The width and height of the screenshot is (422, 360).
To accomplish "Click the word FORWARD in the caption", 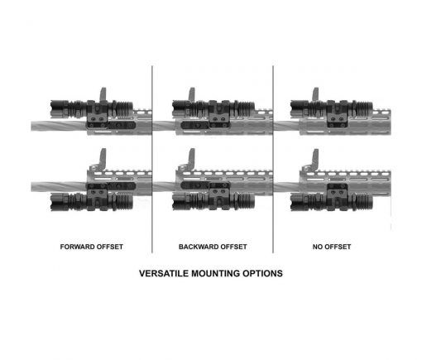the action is [x=76, y=247].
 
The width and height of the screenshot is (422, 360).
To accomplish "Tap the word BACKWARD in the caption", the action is [x=197, y=247].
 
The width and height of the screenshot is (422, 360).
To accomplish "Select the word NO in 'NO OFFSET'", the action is [x=317, y=247].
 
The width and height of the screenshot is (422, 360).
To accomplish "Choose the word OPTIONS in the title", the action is [x=262, y=273].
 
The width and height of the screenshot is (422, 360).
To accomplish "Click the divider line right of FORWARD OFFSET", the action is [x=152, y=159].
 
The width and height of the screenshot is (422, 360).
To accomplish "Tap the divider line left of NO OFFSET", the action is [x=273, y=159].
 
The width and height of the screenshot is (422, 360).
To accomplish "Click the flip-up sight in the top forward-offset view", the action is [x=103, y=94].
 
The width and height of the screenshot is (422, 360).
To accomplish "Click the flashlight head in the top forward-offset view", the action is [x=57, y=108].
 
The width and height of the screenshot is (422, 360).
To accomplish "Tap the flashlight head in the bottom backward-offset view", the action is [x=179, y=201].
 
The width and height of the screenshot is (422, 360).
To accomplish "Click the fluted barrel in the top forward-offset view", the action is [x=59, y=126].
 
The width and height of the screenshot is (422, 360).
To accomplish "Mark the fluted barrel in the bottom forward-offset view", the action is [x=59, y=187].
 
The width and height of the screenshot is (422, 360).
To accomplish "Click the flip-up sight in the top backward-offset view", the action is [x=192, y=94].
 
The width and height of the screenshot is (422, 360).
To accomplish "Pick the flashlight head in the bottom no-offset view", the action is [x=297, y=202].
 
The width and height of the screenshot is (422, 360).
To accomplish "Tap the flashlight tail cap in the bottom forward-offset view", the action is [x=125, y=201].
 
